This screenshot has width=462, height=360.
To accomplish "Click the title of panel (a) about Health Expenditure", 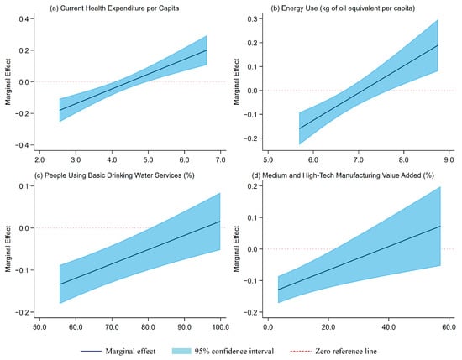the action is pyautogui.click(x=114, y=8).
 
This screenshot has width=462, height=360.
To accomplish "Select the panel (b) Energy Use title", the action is pyautogui.click(x=343, y=8).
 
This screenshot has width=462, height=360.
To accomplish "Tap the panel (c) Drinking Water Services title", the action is pyautogui.click(x=114, y=175).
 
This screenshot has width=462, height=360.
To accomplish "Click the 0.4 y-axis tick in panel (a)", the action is pyautogui.click(x=24, y=18).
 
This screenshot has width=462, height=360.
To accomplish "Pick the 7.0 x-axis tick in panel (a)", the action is pyautogui.click(x=220, y=159).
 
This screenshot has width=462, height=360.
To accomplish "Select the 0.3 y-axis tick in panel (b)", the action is pyautogui.click(x=253, y=18).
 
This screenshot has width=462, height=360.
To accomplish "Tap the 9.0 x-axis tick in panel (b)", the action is pyautogui.click(x=449, y=159).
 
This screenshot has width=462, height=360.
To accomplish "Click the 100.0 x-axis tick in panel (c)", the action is pyautogui.click(x=220, y=327).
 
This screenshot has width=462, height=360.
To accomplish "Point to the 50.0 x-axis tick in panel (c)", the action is pyautogui.click(x=39, y=327).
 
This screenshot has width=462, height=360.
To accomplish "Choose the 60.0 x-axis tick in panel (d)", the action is pyautogui.click(x=449, y=327).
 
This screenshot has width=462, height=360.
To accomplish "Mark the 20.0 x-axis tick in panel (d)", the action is pyautogui.click(x=328, y=327).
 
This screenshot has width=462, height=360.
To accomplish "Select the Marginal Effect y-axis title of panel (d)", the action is pyautogui.click(x=237, y=249).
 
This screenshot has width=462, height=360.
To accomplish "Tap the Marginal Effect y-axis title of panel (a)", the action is pyautogui.click(x=8, y=82).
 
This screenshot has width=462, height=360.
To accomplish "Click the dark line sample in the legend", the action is pyautogui.click(x=91, y=351).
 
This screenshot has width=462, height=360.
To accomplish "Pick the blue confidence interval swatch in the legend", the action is pyautogui.click(x=181, y=351).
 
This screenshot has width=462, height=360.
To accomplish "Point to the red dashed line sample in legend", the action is pyautogui.click(x=301, y=351).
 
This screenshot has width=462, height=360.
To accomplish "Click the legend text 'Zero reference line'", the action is pyautogui.click(x=346, y=351).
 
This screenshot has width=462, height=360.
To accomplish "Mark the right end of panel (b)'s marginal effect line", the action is pyautogui.click(x=438, y=45).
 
